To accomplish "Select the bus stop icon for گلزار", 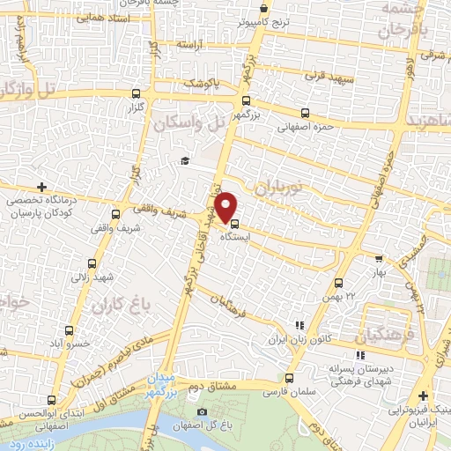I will pyautogui.click(x=135, y=93).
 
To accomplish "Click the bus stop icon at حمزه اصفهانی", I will pyautogui.click(x=305, y=113).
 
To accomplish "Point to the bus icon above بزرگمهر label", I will pyautogui.click(x=246, y=101).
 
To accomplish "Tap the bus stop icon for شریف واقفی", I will pyautogui.click(x=115, y=213).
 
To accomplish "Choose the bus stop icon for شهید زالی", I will pyautogui.click(x=94, y=262).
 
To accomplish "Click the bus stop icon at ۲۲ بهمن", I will pyautogui.click(x=339, y=283).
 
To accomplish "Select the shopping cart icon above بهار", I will pyautogui.click(x=379, y=259).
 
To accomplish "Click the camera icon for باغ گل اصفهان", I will pyautogui.click(x=203, y=412).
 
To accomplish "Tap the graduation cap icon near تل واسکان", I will pyautogui.click(x=184, y=160).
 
